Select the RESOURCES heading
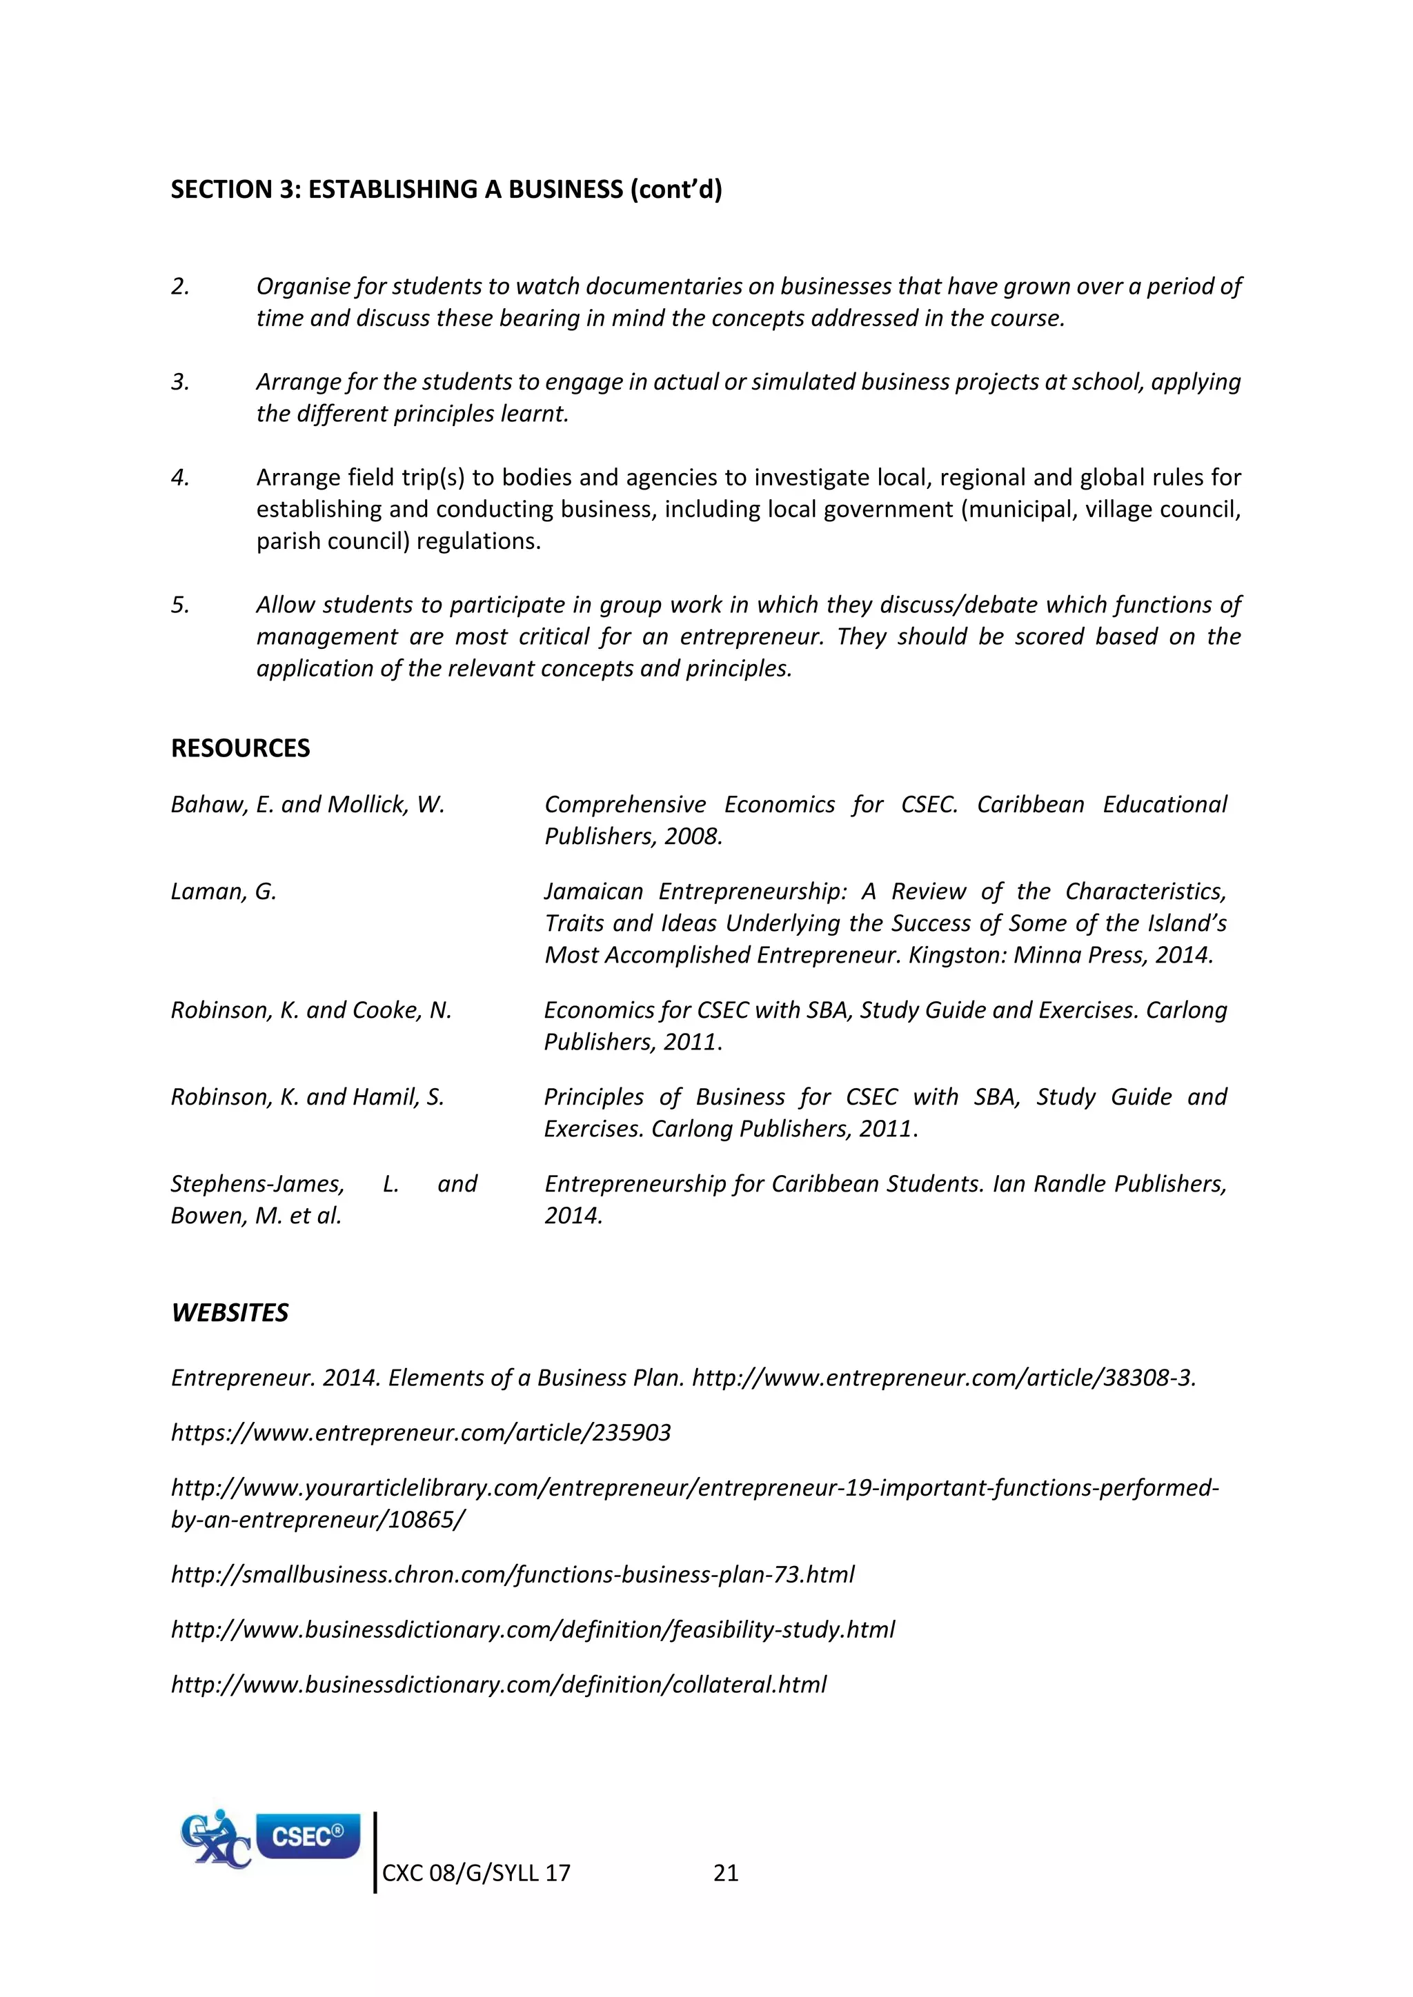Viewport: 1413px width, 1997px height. pyautogui.click(x=240, y=748)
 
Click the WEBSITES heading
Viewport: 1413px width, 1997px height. pyautogui.click(x=230, y=1312)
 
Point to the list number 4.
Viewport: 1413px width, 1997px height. pyautogui.click(x=180, y=477)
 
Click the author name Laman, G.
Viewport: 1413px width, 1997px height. pyautogui.click(x=224, y=892)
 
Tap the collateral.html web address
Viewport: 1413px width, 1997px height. pyautogui.click(x=499, y=1685)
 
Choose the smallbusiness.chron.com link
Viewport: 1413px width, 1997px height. pyautogui.click(x=513, y=1574)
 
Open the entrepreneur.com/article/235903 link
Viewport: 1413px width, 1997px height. pyautogui.click(x=421, y=1432)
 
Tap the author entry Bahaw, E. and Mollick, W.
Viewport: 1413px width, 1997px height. pyautogui.click(x=307, y=805)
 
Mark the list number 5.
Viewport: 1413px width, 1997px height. pyautogui.click(x=180, y=605)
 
